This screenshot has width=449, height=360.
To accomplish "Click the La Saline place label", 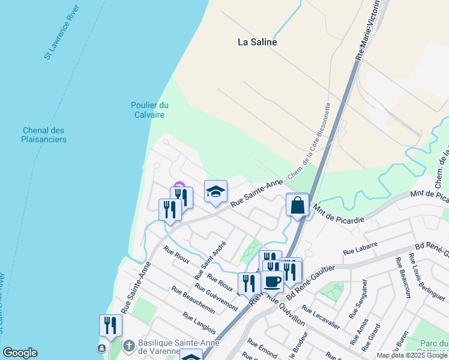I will [x=257, y=42].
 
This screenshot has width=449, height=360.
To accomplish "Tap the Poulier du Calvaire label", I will [x=149, y=110].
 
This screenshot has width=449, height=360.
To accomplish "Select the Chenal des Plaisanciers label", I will [x=44, y=134].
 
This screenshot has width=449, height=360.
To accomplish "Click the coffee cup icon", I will [x=272, y=281].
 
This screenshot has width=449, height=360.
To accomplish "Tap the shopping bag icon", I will [x=297, y=205].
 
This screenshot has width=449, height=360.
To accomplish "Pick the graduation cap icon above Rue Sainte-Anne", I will [x=215, y=191].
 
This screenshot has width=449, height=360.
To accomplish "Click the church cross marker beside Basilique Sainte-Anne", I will [x=129, y=346].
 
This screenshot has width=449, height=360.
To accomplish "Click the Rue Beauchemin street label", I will [x=193, y=299].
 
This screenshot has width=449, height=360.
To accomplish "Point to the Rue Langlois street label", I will [x=199, y=325].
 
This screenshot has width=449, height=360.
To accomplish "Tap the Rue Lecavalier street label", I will [x=321, y=317].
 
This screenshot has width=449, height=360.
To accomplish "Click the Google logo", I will [x=20, y=353].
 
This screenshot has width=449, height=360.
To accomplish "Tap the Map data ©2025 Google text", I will [x=412, y=355].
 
